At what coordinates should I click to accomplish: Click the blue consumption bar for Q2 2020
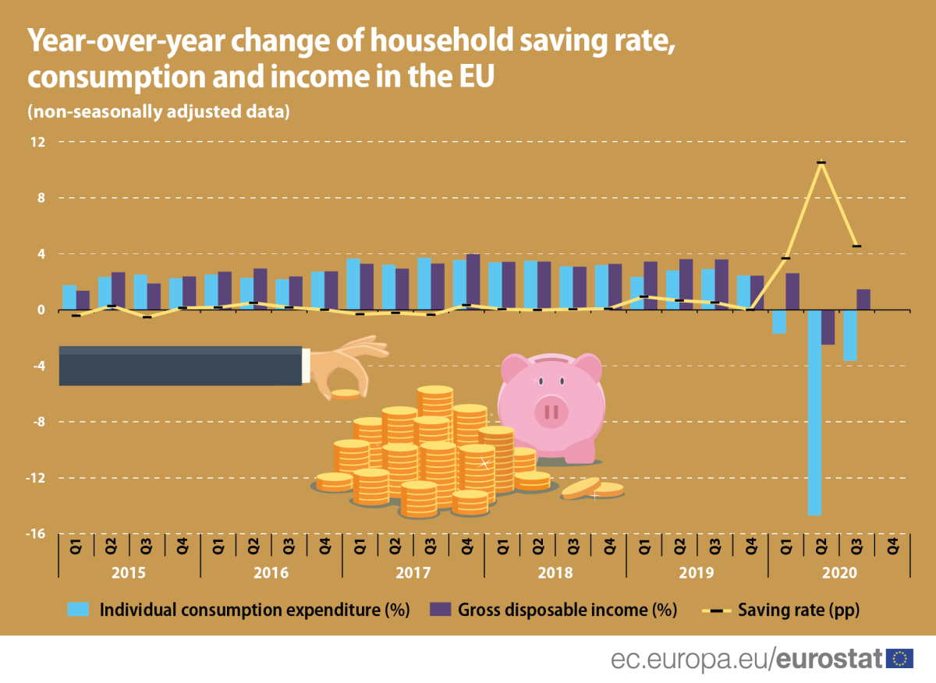[814, 412]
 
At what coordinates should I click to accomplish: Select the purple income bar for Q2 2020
[828, 327]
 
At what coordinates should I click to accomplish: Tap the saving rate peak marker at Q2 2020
[821, 163]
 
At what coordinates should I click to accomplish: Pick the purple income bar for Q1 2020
[792, 291]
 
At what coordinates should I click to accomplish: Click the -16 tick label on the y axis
[36, 534]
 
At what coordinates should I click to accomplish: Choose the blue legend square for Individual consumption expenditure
[80, 609]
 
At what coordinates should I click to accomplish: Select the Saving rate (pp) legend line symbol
[718, 609]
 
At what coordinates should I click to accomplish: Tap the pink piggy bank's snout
[551, 410]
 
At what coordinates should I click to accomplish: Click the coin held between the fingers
[346, 394]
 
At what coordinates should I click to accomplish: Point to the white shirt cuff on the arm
[307, 366]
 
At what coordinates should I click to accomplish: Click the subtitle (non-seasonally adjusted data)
[159, 111]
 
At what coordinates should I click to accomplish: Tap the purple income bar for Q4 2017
[473, 281]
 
